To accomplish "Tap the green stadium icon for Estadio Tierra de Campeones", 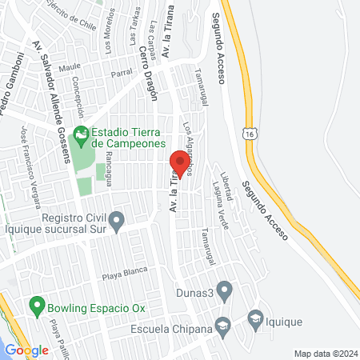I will click(80, 134).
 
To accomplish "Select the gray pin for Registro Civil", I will click(117, 220).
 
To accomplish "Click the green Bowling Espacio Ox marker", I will click(35, 305).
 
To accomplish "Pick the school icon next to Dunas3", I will click(224, 289).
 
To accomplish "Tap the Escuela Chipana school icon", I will click(223, 326).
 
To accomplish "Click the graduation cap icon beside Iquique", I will click(255, 318).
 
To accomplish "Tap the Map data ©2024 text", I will click(324, 353).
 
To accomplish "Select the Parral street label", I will click(122, 74).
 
